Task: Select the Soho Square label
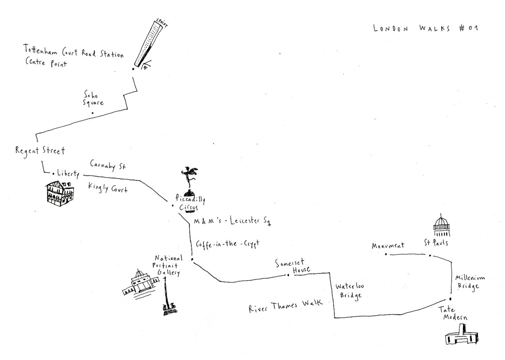pos(93,98)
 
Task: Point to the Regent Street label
pos(39,151)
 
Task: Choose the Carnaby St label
pos(108,165)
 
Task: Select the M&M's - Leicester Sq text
pos(232,222)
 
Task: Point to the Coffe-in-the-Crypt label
pos(227,244)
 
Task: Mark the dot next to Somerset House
pos(288,275)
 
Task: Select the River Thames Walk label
pos(286,306)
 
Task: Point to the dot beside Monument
pos(386,254)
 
